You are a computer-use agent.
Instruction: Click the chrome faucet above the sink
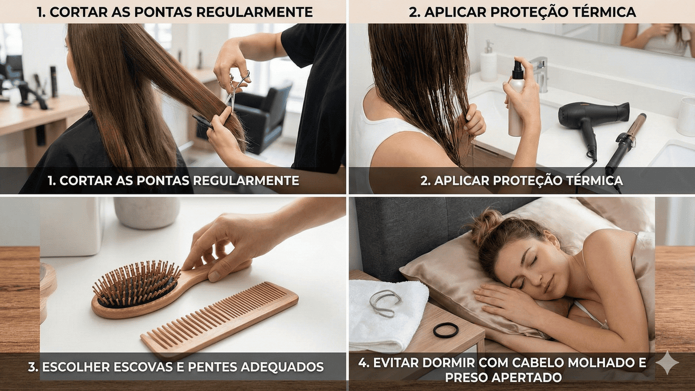coord(540,74)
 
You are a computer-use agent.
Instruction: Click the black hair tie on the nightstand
coord(446,330)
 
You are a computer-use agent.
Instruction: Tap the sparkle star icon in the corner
coord(667,362)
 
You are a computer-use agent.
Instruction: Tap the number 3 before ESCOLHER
coord(31,367)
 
